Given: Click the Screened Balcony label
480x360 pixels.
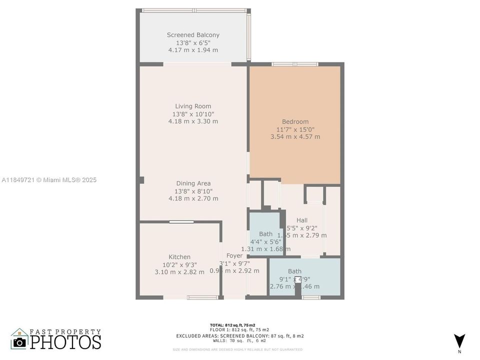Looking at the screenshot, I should (193, 35).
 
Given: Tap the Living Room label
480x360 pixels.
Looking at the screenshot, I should (193, 106).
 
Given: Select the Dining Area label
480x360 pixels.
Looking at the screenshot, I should (193, 183).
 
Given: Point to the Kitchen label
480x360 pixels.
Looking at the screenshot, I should (179, 257).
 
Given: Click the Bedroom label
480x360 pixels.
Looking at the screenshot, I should (295, 121).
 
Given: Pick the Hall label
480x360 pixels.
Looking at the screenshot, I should (302, 220).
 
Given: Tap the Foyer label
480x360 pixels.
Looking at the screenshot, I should (234, 256).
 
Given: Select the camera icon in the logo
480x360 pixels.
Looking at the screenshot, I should (19, 342).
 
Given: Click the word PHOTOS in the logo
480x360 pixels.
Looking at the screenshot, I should (65, 342).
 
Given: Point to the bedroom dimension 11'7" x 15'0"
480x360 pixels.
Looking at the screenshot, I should (295, 129).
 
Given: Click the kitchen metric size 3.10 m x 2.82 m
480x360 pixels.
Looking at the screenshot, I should (179, 272).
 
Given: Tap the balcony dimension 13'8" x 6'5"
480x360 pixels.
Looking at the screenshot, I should (193, 42).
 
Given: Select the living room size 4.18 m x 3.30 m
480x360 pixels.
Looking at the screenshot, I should (193, 121).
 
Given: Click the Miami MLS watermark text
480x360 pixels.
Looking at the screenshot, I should (49, 180).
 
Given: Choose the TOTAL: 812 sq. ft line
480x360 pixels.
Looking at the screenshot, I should (240, 325).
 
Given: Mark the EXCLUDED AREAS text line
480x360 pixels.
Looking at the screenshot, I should (240, 336).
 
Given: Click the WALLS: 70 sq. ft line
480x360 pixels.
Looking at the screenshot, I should (240, 340).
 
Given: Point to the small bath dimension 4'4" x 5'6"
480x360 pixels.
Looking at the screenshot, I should (265, 241).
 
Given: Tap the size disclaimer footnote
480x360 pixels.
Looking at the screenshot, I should (237, 349).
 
